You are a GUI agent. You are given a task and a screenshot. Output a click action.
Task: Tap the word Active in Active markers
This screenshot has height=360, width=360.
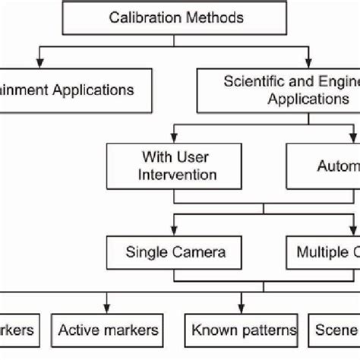(82, 330)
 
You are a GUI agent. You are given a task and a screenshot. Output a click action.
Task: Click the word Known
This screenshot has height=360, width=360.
(215, 330)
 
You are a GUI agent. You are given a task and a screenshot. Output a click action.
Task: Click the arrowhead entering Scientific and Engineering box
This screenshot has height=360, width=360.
(308, 62)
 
